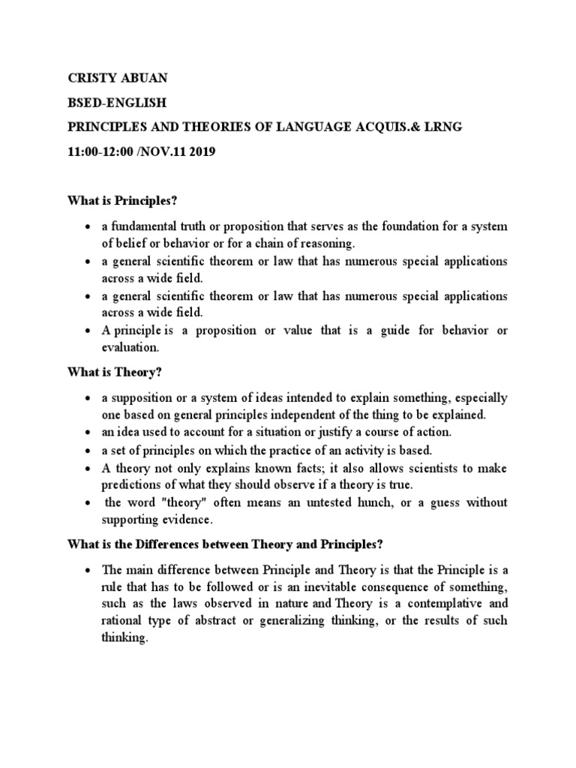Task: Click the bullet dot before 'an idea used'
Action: pos(88,433)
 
